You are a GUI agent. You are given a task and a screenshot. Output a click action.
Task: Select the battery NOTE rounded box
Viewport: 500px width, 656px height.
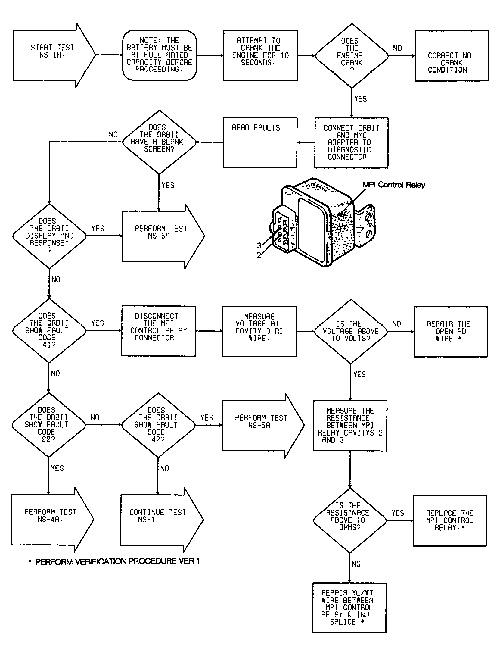coord(159,55)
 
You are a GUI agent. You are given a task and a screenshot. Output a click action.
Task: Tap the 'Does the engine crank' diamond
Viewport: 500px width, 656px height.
coord(352,55)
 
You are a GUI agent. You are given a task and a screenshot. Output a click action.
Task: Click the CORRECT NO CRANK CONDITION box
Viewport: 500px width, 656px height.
coord(451,56)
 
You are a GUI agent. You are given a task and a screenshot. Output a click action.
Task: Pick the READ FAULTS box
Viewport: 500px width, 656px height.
coord(260,142)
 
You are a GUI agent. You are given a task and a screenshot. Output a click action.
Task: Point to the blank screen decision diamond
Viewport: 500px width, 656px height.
coord(159,142)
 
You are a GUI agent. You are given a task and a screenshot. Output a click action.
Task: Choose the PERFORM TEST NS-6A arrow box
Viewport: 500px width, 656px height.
coord(163,236)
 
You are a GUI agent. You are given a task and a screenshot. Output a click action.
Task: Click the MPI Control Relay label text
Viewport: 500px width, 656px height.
coord(394,185)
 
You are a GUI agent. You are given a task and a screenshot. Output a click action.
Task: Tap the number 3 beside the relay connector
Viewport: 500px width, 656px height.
coord(259,245)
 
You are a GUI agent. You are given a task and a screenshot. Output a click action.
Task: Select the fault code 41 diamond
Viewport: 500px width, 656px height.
coord(49,330)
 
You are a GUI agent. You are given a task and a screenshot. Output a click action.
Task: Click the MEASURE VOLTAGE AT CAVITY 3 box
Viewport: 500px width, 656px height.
coord(259,331)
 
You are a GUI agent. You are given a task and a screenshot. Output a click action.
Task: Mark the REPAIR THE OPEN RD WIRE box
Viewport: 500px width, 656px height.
coord(450,332)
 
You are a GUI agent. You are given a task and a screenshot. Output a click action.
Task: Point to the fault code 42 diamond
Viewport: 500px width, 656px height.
coord(158,425)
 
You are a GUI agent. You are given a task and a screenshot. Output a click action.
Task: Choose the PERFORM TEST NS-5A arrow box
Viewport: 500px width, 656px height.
coord(263,426)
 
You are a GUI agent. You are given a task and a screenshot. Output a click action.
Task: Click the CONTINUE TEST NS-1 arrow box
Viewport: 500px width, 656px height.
coord(162,520)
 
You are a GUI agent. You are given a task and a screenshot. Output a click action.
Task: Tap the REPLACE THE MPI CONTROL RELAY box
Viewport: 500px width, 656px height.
coord(450,520)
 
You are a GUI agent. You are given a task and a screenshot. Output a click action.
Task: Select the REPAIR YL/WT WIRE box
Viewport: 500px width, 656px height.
coord(349,608)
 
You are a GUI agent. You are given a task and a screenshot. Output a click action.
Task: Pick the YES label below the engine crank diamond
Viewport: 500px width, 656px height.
coord(360,99)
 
